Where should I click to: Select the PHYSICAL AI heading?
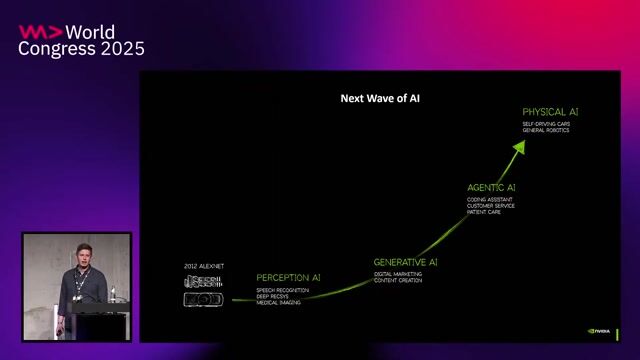pos(550,112)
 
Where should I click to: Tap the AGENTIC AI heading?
pos(491,187)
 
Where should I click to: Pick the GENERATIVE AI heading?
pos(406,262)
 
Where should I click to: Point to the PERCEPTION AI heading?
pos(288,277)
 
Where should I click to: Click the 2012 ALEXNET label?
pos(204,266)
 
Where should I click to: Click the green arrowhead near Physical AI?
pos(519,146)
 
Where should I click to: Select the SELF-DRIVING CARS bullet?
pos(545,124)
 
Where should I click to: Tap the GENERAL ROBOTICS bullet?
pos(545,131)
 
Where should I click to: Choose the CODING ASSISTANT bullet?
pos(490,199)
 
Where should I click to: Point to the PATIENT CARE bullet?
pos(484,212)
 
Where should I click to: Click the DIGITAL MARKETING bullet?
pos(399,273)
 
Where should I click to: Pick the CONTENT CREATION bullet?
pos(398,280)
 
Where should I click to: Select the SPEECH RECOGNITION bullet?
pos(283,289)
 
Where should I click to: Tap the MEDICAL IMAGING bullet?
pos(279,302)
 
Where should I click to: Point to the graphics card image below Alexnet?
pos(204,299)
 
